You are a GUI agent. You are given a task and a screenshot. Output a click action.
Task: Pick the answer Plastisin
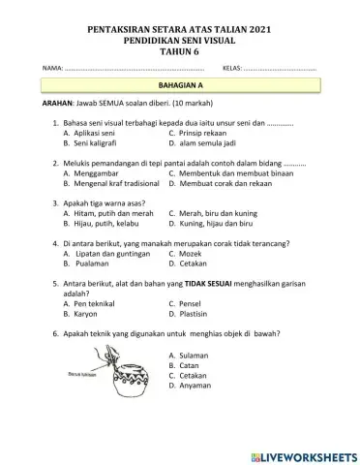[x=198, y=314]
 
